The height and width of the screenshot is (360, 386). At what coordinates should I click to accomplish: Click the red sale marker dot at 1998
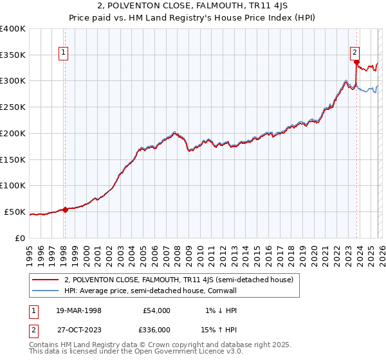65,209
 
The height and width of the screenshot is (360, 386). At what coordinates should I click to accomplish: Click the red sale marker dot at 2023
356,62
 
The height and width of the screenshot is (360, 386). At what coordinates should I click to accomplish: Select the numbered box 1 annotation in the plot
64,54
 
